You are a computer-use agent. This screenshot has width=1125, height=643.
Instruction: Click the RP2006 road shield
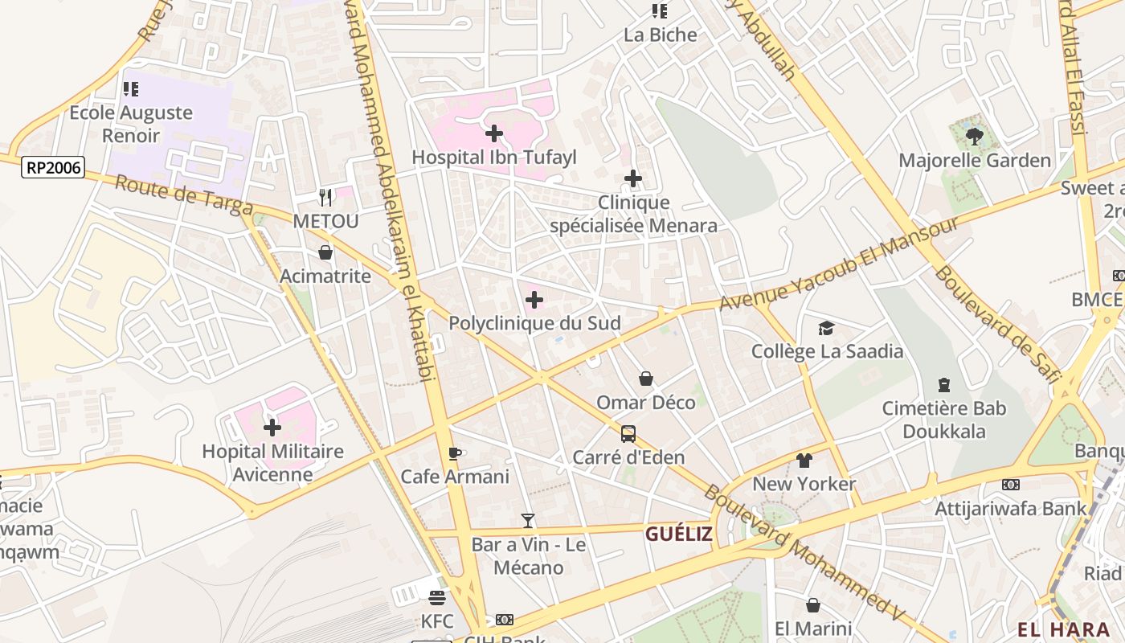pyautogui.click(x=54, y=167)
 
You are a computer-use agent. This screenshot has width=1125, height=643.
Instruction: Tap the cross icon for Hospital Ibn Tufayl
pyautogui.click(x=494, y=133)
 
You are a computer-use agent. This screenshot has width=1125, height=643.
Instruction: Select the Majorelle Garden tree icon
pyautogui.click(x=975, y=137)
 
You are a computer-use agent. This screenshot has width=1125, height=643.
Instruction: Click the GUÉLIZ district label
pyautogui.click(x=679, y=534)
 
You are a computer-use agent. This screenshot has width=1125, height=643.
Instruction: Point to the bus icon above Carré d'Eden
pyautogui.click(x=628, y=434)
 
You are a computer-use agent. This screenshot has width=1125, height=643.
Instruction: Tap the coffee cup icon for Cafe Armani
pyautogui.click(x=455, y=453)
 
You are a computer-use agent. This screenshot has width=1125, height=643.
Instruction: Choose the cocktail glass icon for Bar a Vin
pyautogui.click(x=527, y=521)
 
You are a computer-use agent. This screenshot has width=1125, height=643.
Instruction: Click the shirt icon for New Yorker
pyautogui.click(x=804, y=461)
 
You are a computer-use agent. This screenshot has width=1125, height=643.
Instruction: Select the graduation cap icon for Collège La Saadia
pyautogui.click(x=826, y=328)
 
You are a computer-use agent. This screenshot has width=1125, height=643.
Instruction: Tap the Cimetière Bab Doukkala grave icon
pyautogui.click(x=944, y=385)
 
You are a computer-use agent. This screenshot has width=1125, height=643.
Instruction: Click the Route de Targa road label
pyautogui.click(x=184, y=195)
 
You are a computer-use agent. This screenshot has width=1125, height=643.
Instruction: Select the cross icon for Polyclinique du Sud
pyautogui.click(x=534, y=301)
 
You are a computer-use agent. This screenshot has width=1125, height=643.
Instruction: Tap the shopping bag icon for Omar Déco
pyautogui.click(x=645, y=379)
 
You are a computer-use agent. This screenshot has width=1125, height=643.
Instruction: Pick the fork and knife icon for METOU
pyautogui.click(x=325, y=197)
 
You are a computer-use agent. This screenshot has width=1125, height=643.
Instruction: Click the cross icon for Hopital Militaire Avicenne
pyautogui.click(x=272, y=428)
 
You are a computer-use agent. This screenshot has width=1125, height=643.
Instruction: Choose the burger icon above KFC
pyautogui.click(x=437, y=598)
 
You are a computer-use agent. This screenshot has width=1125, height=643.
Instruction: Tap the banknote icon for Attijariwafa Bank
pyautogui.click(x=1011, y=485)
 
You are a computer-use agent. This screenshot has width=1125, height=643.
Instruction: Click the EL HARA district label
pyautogui.click(x=1064, y=629)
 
